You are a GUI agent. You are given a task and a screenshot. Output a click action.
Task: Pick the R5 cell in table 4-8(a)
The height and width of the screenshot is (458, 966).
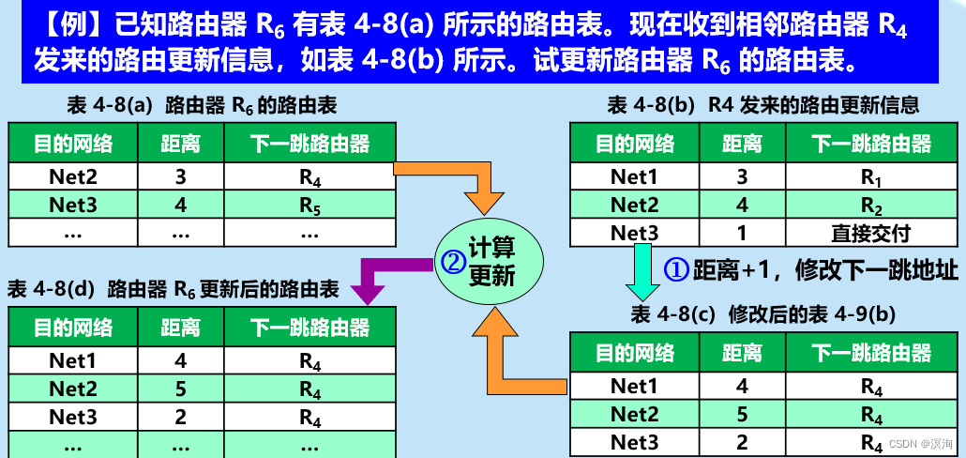click(x=310, y=204)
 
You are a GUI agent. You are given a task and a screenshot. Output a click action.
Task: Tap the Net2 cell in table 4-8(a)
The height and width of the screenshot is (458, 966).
click(x=73, y=176)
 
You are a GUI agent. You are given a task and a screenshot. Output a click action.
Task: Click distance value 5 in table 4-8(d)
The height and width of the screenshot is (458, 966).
click(x=180, y=388)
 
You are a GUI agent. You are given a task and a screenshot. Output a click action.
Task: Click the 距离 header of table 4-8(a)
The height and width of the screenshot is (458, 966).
click(x=180, y=144)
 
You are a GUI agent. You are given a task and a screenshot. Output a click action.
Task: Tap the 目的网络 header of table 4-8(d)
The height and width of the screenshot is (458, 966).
click(x=73, y=328)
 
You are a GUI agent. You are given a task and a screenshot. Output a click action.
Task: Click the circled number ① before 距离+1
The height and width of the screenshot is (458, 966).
click(x=677, y=269)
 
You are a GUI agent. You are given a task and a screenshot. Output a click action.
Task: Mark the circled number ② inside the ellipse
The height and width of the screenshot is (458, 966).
click(x=453, y=263)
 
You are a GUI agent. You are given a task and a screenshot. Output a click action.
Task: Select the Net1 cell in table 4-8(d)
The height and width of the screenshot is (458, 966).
click(x=73, y=359)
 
